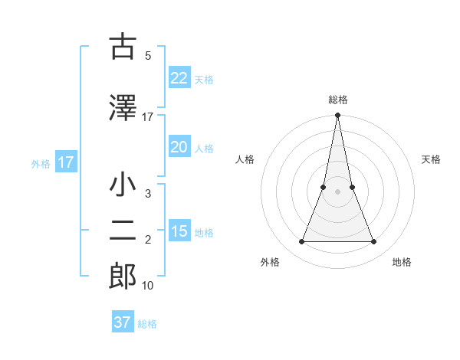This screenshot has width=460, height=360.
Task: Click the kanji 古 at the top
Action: coord(123,47)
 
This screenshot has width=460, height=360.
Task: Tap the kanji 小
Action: coord(123,186)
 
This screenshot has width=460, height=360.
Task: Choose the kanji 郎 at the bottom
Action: coord(123,276)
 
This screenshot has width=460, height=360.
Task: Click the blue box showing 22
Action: coord(179,78)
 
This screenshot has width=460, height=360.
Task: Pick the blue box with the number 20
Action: coord(179,147)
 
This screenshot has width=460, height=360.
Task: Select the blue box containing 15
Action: coord(179,231)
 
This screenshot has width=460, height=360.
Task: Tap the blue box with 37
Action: coord(123,322)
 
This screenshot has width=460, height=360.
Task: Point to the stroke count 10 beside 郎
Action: coord(148,286)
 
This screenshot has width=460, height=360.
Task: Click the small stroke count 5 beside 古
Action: coord(148,56)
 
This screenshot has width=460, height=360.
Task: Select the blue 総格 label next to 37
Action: coord(147,324)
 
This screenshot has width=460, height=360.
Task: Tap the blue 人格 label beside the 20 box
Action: coord(204,148)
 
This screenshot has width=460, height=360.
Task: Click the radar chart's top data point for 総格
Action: coord(337,116)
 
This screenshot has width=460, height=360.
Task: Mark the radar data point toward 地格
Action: coord(374,242)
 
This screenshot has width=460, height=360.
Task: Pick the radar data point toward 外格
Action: coord(301,242)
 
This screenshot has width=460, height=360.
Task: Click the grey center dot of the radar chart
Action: coord(337,192)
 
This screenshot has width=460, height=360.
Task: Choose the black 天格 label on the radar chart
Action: coord(432,159)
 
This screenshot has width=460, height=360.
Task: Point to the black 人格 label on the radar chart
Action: coord(245,159)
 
